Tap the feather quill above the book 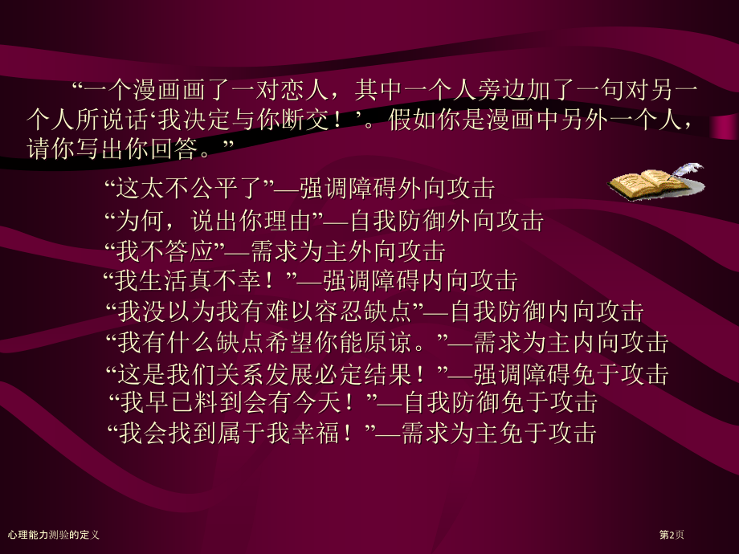[687, 169]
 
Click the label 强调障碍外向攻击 [397, 189]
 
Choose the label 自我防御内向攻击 [546, 312]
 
